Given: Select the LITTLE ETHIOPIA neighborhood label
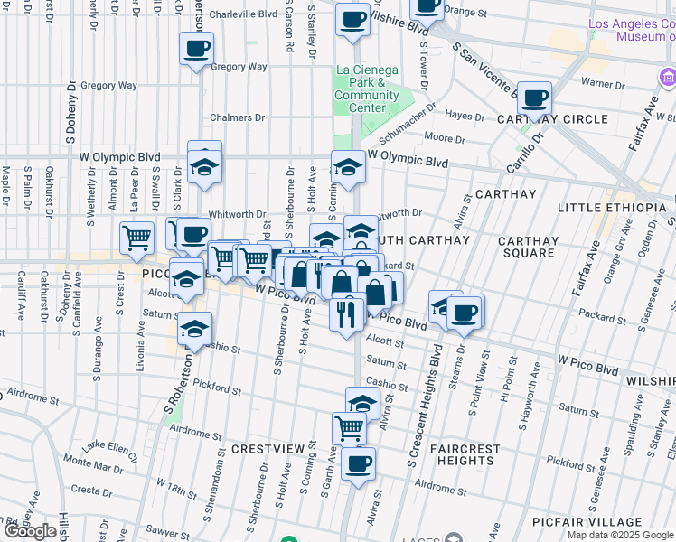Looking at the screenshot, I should pyautogui.click(x=615, y=208).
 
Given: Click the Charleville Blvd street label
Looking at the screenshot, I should pyautogui.click(x=243, y=14).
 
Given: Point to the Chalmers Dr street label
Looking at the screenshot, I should pyautogui.click(x=237, y=117).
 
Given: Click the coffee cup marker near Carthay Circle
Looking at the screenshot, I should pyautogui.click(x=534, y=96).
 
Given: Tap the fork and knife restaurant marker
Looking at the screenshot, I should pyautogui.click(x=348, y=312).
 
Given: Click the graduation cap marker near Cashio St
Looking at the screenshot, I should pyautogui.click(x=194, y=329).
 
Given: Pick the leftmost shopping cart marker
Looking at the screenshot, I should pyautogui.click(x=137, y=237).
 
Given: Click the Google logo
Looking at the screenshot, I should pyautogui.click(x=30, y=531).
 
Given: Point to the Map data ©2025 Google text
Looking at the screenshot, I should pyautogui.click(x=621, y=535).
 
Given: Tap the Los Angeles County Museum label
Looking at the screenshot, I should pyautogui.click(x=631, y=30).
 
